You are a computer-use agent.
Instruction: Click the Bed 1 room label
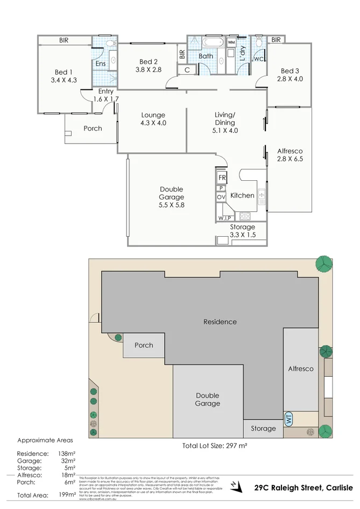click(62, 72)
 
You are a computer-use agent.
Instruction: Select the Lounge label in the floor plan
click(153, 115)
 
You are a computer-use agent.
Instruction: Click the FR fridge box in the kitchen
click(221, 177)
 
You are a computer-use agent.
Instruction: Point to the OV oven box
click(221, 197)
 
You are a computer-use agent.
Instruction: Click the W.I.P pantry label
click(224, 217)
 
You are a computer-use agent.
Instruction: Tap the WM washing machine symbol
click(231, 42)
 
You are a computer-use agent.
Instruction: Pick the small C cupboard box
click(187, 69)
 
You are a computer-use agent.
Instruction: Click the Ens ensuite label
click(101, 64)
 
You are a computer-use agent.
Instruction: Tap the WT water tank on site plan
click(288, 419)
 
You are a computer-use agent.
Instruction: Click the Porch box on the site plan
click(144, 345)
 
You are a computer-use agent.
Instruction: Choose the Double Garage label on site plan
click(207, 399)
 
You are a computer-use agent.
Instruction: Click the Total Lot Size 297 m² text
click(214, 446)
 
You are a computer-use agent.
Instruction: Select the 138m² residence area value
click(66, 454)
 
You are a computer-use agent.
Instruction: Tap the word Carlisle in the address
click(337, 487)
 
